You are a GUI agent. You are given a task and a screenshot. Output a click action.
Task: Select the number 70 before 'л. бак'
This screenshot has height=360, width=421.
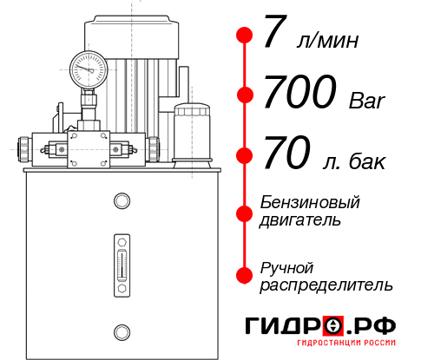pos(285,155)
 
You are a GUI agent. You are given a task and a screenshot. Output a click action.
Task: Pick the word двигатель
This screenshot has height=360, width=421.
pos(300,220)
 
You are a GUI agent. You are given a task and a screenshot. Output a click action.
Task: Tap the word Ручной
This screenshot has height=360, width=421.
pos(286,266)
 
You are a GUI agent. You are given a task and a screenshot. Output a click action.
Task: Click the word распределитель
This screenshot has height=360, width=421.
pos(326,285)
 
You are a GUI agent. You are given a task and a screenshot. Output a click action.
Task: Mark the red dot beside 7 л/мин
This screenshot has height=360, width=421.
pos(244,36)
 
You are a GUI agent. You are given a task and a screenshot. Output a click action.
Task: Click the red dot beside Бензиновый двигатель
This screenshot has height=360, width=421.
pos(244,211)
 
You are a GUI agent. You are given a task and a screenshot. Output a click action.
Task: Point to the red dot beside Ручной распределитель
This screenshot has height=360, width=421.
pos(244,275)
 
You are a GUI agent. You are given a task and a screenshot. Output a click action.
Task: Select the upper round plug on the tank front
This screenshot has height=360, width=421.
pos(120,201)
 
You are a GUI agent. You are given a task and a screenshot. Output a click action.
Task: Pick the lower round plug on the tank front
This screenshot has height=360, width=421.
pos(120,330)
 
